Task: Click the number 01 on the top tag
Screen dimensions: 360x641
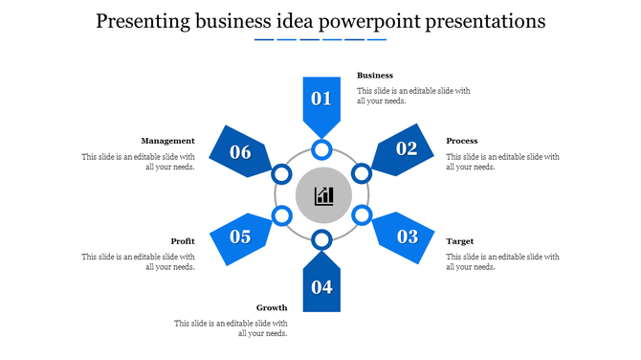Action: click(x=321, y=98)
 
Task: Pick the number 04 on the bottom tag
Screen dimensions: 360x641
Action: click(x=321, y=286)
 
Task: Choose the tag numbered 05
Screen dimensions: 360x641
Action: click(x=239, y=236)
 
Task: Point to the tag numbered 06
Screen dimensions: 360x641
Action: click(x=239, y=151)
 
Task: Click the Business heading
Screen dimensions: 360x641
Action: click(x=375, y=75)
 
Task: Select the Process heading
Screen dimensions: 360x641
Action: click(x=462, y=141)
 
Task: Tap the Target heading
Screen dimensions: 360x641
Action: click(x=460, y=241)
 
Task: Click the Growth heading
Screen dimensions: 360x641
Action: click(x=272, y=307)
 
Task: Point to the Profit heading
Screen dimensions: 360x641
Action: click(x=183, y=241)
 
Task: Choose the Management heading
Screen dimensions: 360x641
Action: click(x=167, y=141)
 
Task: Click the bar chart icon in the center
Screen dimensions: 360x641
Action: click(x=324, y=195)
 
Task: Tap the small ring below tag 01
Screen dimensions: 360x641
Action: click(x=321, y=149)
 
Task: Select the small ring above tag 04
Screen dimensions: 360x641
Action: click(x=321, y=239)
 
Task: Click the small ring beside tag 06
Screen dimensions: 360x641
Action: click(x=281, y=174)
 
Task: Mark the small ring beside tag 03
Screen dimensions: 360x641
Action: click(x=362, y=215)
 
